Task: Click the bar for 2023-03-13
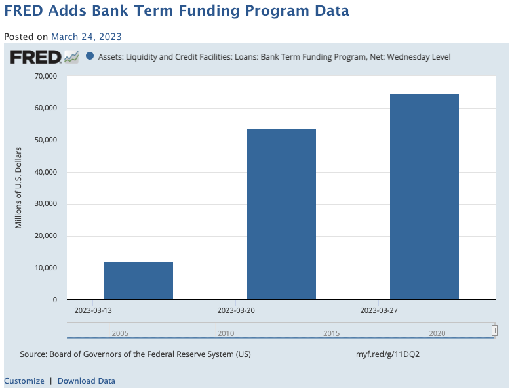tap(138, 281)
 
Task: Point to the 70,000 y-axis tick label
tap(46, 76)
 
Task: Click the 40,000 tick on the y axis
tap(46, 172)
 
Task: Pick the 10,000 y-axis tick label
tap(46, 268)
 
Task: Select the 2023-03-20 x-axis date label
tap(236, 310)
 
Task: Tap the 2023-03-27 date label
tap(379, 310)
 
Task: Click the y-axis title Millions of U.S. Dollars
tap(18, 188)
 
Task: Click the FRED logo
tap(45, 57)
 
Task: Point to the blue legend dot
tap(90, 56)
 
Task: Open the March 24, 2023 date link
tap(87, 37)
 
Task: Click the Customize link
tap(24, 381)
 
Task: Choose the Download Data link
tap(87, 381)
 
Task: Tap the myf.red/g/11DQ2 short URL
tap(387, 354)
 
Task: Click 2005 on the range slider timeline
tap(120, 333)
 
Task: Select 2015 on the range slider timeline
tap(332, 333)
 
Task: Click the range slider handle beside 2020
tap(495, 331)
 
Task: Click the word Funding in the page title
tap(209, 10)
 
